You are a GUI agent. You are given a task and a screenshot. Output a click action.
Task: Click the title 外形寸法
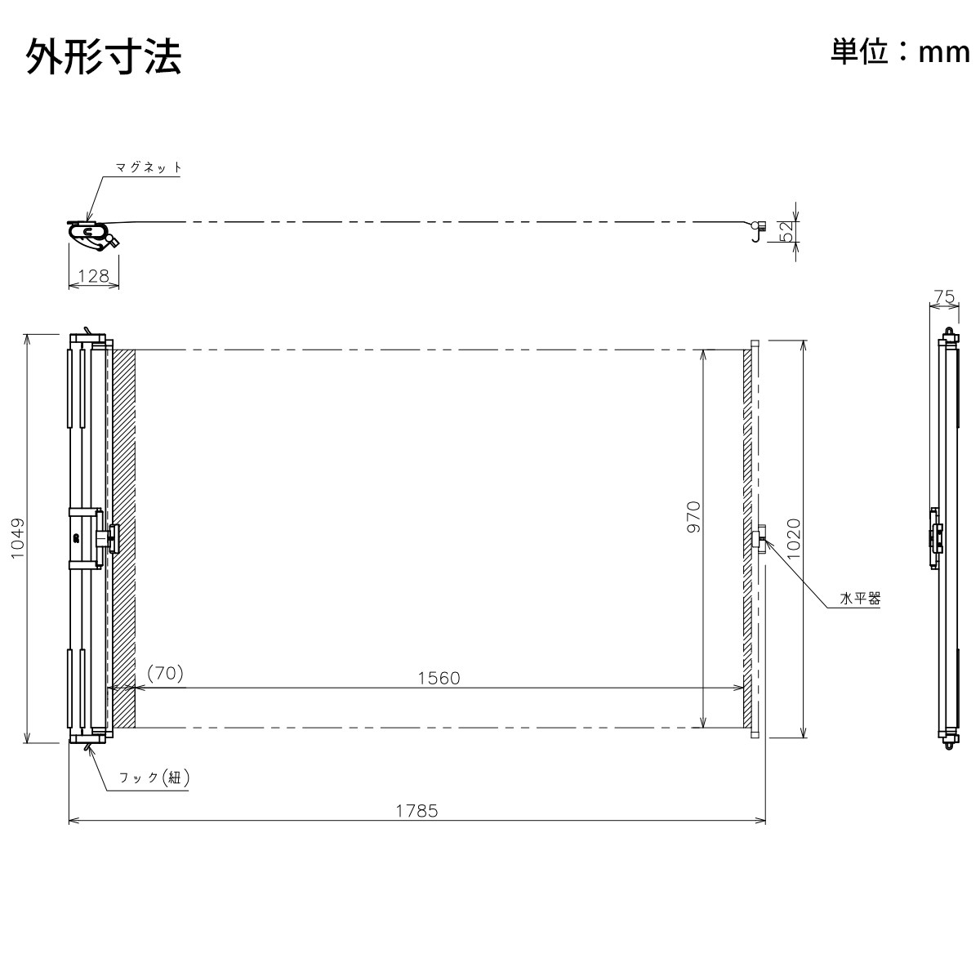(x=104, y=57)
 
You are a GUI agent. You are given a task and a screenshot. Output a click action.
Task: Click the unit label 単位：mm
(x=900, y=52)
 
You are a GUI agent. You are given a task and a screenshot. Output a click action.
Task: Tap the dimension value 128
(x=94, y=276)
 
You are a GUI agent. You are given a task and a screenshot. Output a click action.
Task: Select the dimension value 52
(x=786, y=231)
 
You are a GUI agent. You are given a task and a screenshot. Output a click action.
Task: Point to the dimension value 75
(x=944, y=296)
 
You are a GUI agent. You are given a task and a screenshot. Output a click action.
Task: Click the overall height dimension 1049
(x=18, y=538)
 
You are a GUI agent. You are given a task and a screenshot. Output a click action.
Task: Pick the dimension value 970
(x=693, y=517)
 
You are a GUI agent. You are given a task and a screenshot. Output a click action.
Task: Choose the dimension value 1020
(x=793, y=538)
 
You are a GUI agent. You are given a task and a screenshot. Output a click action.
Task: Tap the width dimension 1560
(x=439, y=678)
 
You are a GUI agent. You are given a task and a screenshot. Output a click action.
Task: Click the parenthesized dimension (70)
(x=165, y=673)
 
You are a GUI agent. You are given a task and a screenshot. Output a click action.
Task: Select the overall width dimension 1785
(x=416, y=811)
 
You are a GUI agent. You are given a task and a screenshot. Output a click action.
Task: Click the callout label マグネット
(x=149, y=167)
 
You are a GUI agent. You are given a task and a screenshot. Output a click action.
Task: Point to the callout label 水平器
(x=860, y=599)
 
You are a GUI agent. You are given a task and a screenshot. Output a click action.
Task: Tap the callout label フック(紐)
(x=154, y=777)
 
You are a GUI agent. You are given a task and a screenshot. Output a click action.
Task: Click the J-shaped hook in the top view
(x=758, y=231)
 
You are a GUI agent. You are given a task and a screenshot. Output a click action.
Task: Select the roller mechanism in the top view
(x=94, y=235)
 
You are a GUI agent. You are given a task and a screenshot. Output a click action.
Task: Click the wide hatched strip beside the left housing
(x=123, y=538)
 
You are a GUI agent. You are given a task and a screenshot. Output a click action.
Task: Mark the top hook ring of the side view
(x=948, y=332)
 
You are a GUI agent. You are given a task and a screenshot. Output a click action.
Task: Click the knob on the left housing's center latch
(x=114, y=538)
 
